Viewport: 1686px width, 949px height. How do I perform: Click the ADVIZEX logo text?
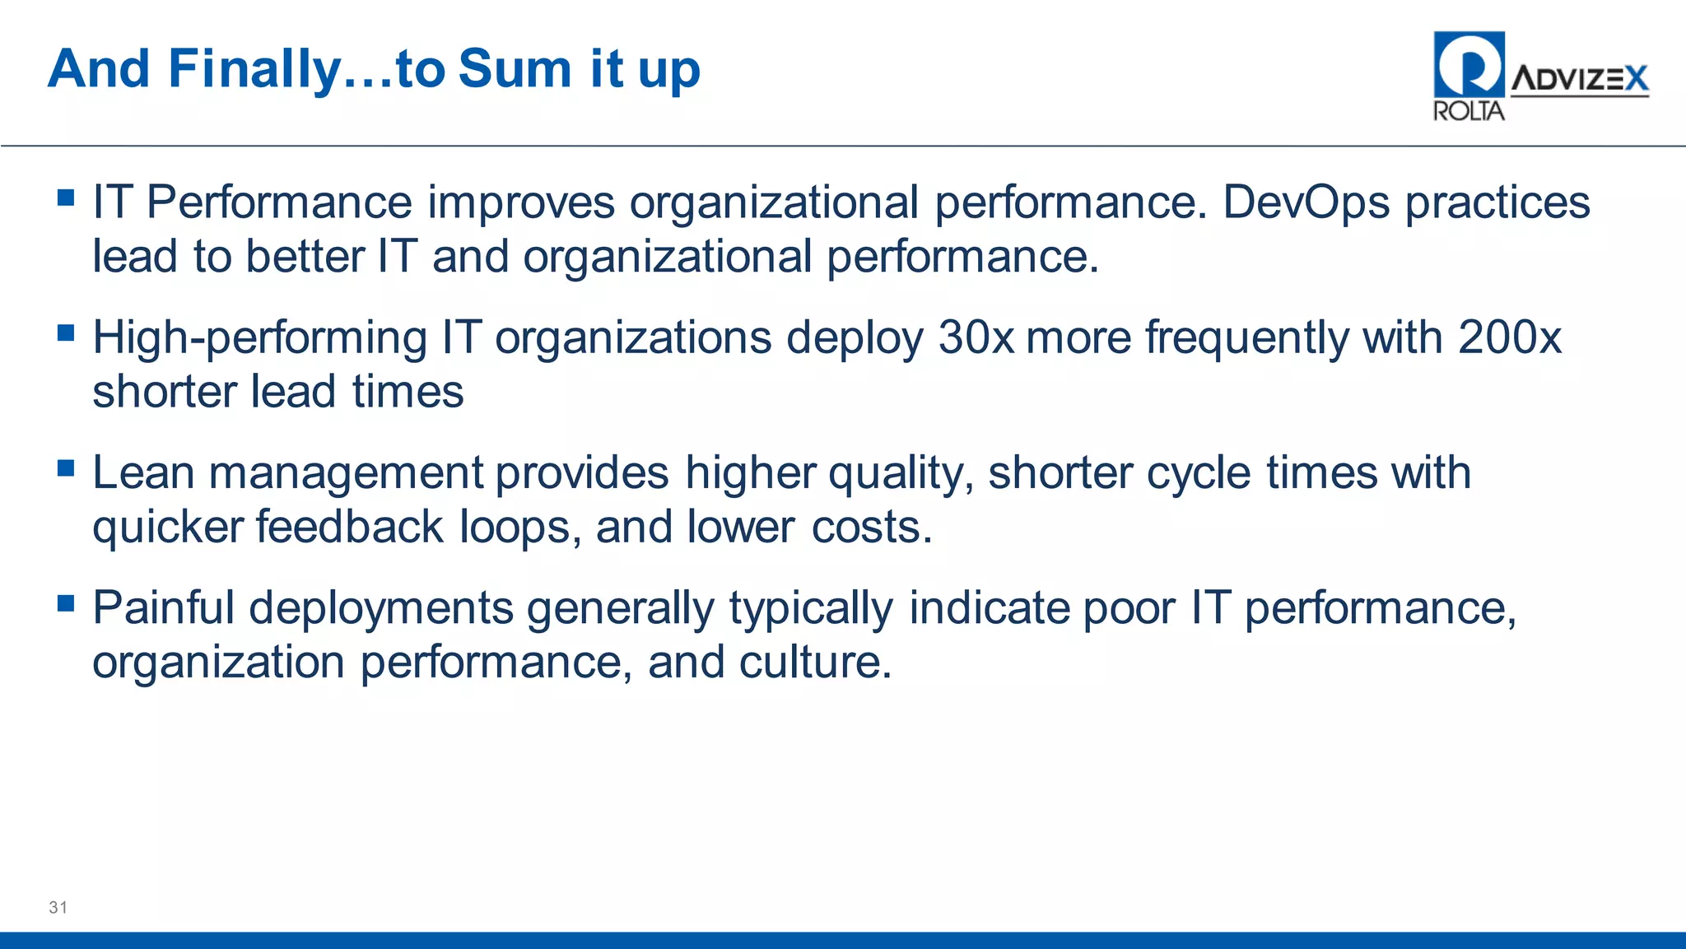point(1579,79)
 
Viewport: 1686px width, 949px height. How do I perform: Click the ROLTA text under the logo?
point(1468,111)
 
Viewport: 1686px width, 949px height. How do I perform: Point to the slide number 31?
point(58,907)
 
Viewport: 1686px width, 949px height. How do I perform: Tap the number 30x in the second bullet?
point(976,337)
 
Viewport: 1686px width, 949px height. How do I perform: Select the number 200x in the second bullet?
point(1509,337)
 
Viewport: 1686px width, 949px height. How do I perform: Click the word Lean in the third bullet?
point(143,473)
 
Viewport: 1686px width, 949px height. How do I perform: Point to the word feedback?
point(349,527)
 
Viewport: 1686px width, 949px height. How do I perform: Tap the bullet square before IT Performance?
point(67,198)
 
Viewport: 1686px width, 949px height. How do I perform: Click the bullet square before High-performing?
point(67,333)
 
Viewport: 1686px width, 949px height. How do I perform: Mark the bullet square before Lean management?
point(67,468)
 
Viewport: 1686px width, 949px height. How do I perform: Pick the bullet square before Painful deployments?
point(67,603)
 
